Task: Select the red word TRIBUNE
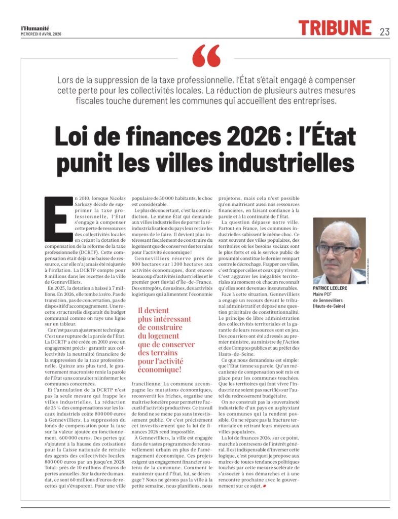(335, 28)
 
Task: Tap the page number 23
(384, 31)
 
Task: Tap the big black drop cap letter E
(56, 218)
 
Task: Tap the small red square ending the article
(265, 487)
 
